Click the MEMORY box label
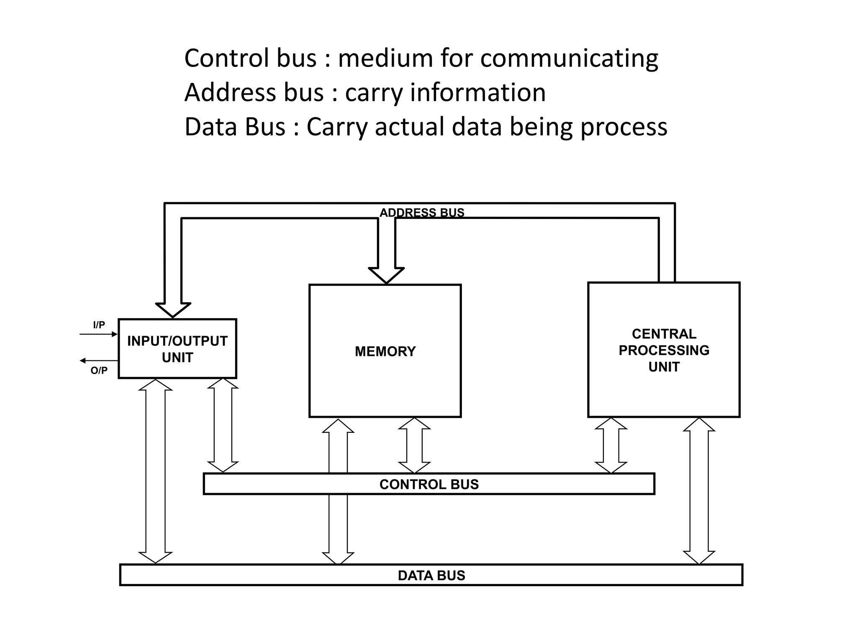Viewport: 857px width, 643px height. (385, 351)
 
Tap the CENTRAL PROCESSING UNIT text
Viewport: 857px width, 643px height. (664, 350)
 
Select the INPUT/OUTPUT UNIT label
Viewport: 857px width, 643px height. (177, 349)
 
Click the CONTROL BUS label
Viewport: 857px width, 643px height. (429, 484)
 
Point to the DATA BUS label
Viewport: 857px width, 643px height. (431, 576)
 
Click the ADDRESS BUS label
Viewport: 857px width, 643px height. (422, 213)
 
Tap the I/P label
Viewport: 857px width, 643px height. (99, 325)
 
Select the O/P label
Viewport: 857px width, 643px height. (99, 370)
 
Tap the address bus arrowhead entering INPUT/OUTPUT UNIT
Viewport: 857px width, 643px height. (173, 309)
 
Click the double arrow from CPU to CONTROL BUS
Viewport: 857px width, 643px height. (611, 445)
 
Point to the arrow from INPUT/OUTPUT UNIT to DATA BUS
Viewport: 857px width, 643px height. (155, 471)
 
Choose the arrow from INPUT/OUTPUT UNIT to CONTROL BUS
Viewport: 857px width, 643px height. (223, 425)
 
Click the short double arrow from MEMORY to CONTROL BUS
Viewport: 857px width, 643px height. (414, 445)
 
